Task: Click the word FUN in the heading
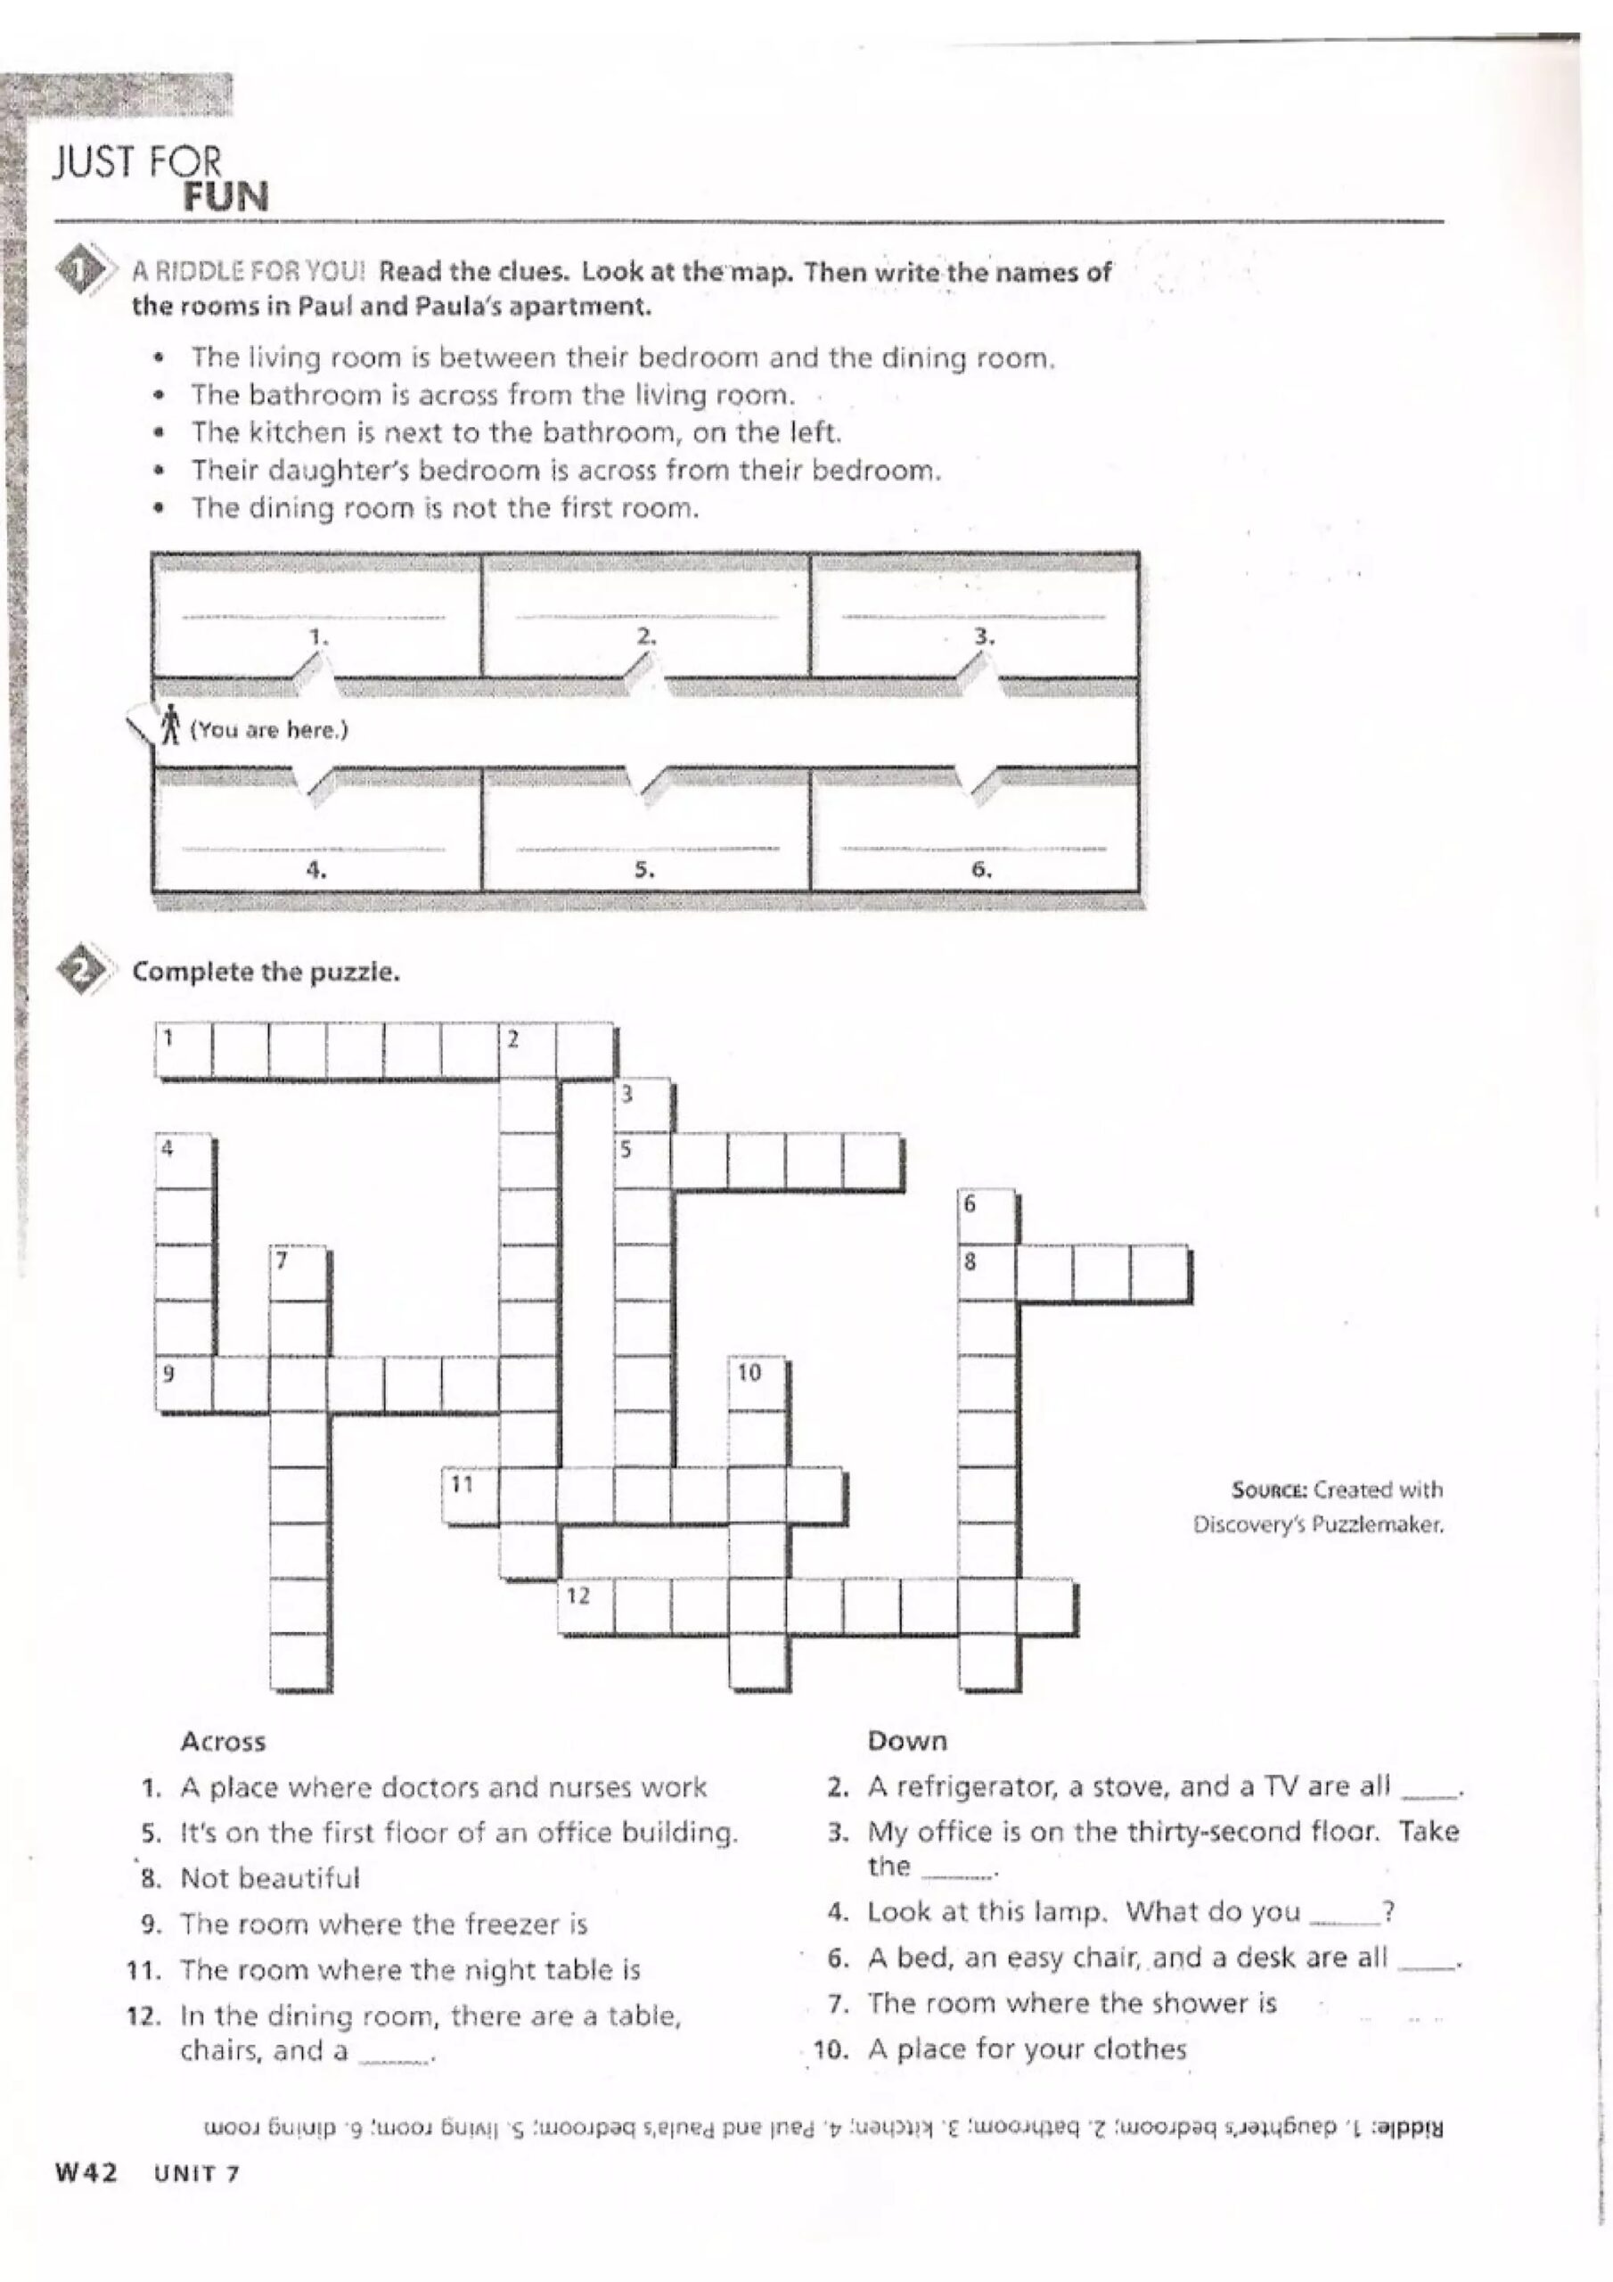[225, 197]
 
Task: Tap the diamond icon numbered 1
[84, 269]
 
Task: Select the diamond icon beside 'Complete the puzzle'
[84, 969]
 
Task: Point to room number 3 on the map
[975, 616]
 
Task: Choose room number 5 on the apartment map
[646, 830]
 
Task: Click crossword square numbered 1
[184, 1049]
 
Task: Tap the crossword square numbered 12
[585, 1606]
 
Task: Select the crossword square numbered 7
[299, 1273]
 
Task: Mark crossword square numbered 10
[757, 1384]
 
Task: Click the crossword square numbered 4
[184, 1161]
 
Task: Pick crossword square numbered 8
[987, 1273]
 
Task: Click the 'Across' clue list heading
[224, 1740]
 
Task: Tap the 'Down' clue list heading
[906, 1740]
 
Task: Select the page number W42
[86, 2172]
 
